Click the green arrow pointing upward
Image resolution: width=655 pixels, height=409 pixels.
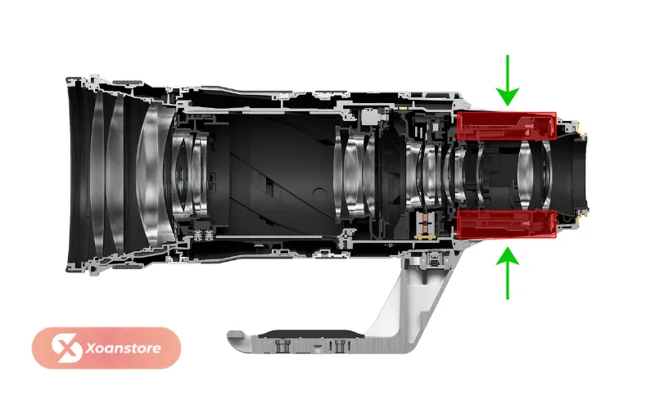click(508, 273)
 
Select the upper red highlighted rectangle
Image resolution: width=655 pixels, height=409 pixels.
click(506, 126)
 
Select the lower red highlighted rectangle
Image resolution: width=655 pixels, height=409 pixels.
click(506, 224)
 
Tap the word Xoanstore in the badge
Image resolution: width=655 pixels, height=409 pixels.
click(124, 348)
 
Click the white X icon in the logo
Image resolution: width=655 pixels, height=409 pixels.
click(66, 348)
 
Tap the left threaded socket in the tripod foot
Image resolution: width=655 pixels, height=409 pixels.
click(282, 345)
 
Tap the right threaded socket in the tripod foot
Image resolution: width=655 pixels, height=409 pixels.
click(341, 345)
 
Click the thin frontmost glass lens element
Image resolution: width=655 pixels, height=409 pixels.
click(97, 174)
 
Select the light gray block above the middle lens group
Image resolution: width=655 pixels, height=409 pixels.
click(371, 116)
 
